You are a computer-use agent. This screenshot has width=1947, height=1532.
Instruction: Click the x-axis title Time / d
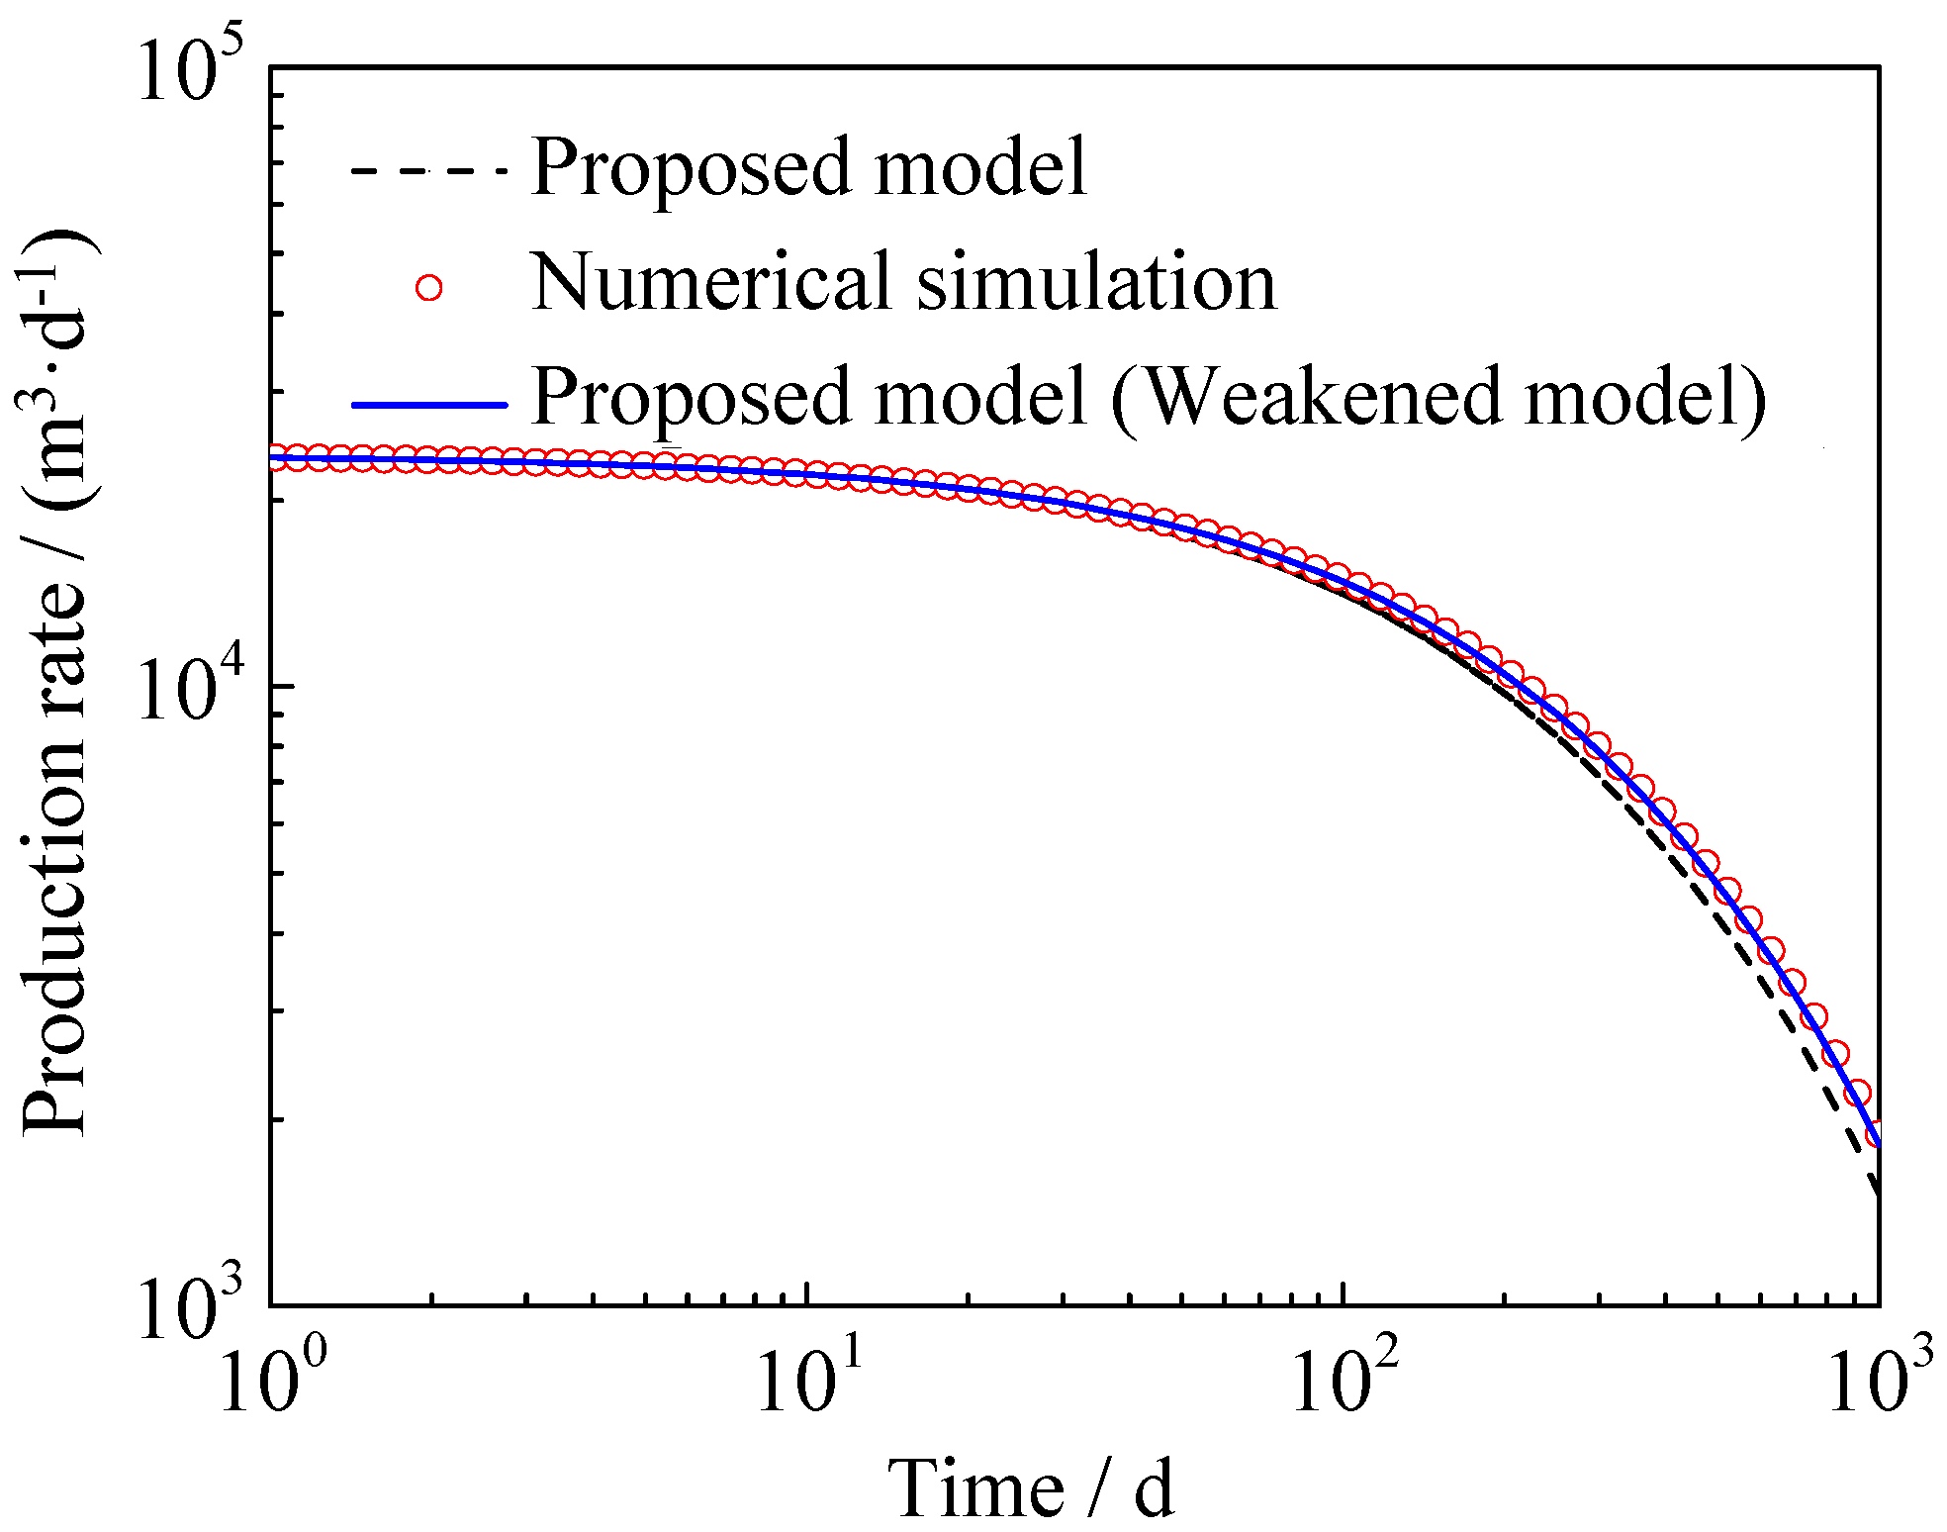pos(1029,1487)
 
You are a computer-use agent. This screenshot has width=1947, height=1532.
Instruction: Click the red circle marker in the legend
pos(428,287)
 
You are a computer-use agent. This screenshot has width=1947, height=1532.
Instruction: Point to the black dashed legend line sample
pos(427,171)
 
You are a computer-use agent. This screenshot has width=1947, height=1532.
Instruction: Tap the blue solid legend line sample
pos(427,404)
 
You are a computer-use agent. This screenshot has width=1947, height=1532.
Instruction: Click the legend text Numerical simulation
pos(903,283)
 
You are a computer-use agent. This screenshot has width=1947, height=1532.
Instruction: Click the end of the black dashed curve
pos(1877,1193)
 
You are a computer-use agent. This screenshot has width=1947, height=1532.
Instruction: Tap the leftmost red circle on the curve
pos(275,457)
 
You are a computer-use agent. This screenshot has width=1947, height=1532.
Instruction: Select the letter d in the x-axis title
pos(1154,1487)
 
